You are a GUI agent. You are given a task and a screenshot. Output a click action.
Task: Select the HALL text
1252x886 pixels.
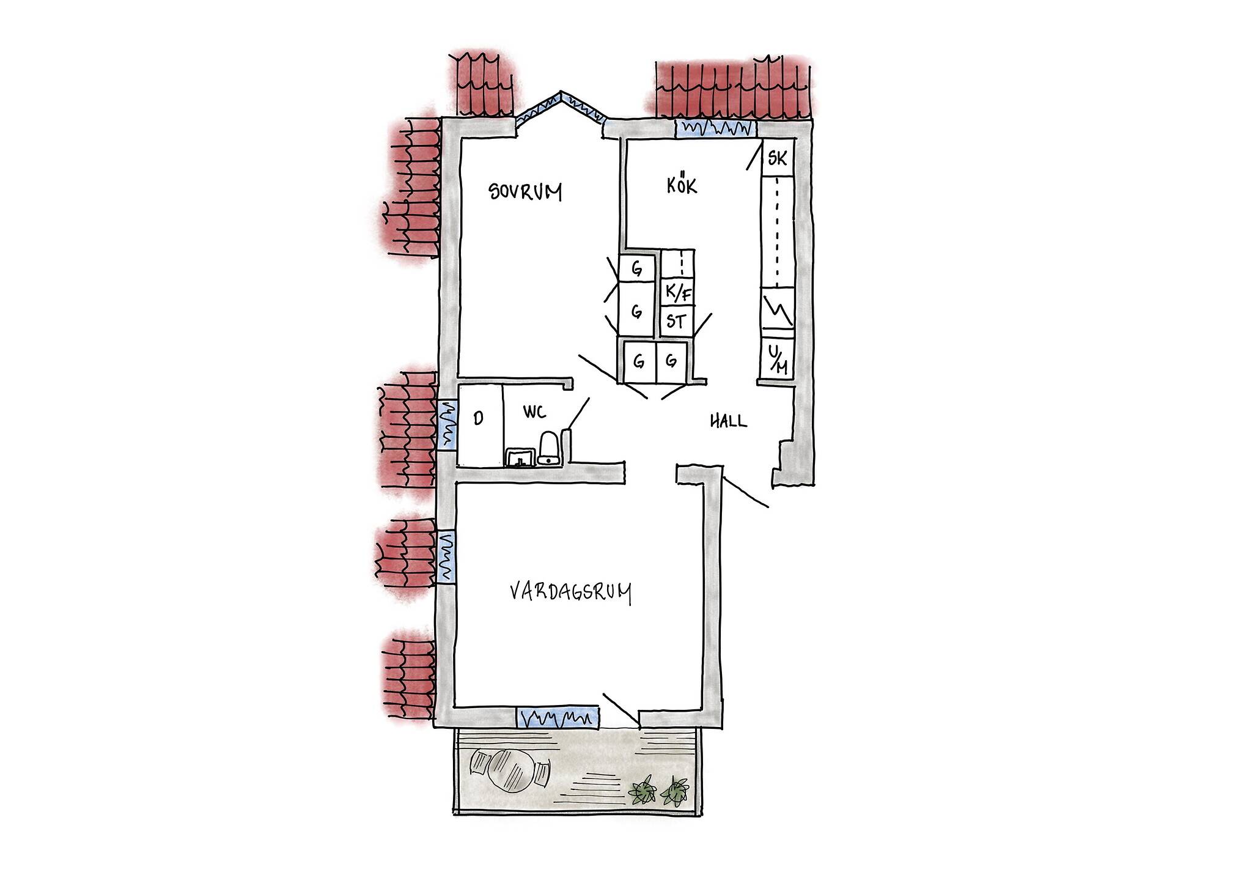coord(728,421)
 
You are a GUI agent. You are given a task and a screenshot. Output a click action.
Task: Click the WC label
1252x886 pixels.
coord(534,413)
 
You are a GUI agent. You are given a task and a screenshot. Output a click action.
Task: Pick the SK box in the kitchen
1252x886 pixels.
coord(777,158)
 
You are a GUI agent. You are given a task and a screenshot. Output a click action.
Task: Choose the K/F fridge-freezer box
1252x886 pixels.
coord(678,293)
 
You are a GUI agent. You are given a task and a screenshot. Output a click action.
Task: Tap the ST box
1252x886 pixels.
coord(677,321)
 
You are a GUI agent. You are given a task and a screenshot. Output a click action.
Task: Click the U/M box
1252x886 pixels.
coord(777,360)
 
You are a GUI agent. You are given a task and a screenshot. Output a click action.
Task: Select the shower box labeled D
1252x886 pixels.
coord(480,426)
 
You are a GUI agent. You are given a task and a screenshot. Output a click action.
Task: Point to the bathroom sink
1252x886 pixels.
coord(520,457)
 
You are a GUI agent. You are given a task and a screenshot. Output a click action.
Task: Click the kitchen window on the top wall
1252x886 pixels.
coord(716,128)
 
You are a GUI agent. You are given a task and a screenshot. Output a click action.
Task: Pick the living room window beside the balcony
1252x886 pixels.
coord(557,717)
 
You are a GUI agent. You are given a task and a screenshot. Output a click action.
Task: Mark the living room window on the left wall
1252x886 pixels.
coord(446,556)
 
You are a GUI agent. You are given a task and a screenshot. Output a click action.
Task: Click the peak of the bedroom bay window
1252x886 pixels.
coord(561,94)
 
